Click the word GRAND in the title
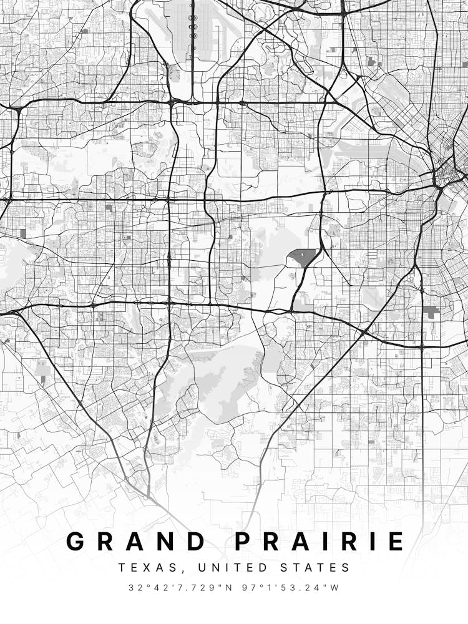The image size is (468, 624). point(136,541)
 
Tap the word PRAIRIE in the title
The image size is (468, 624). point(319,541)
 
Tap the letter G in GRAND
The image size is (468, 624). point(76,541)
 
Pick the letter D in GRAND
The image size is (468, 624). point(196,541)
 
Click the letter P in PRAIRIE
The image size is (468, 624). point(245,541)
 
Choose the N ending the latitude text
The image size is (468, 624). point(228,588)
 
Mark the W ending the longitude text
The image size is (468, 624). point(335,588)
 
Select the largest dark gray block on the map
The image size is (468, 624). point(302,256)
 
